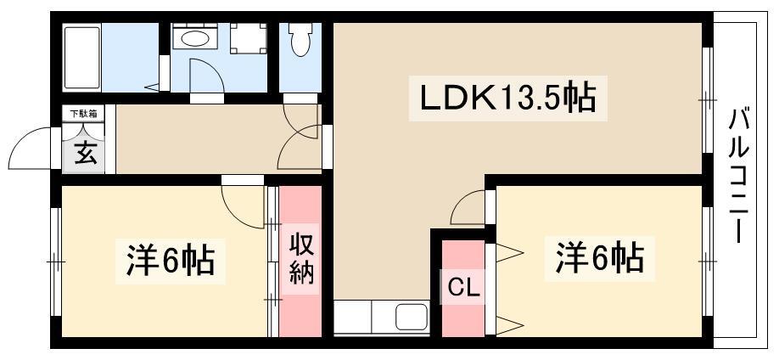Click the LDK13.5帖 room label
507,98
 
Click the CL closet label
463,287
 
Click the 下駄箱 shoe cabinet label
83,114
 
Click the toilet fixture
299,39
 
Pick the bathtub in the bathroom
82,58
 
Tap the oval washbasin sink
195,38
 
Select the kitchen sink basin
412,316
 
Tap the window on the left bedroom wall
56,261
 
